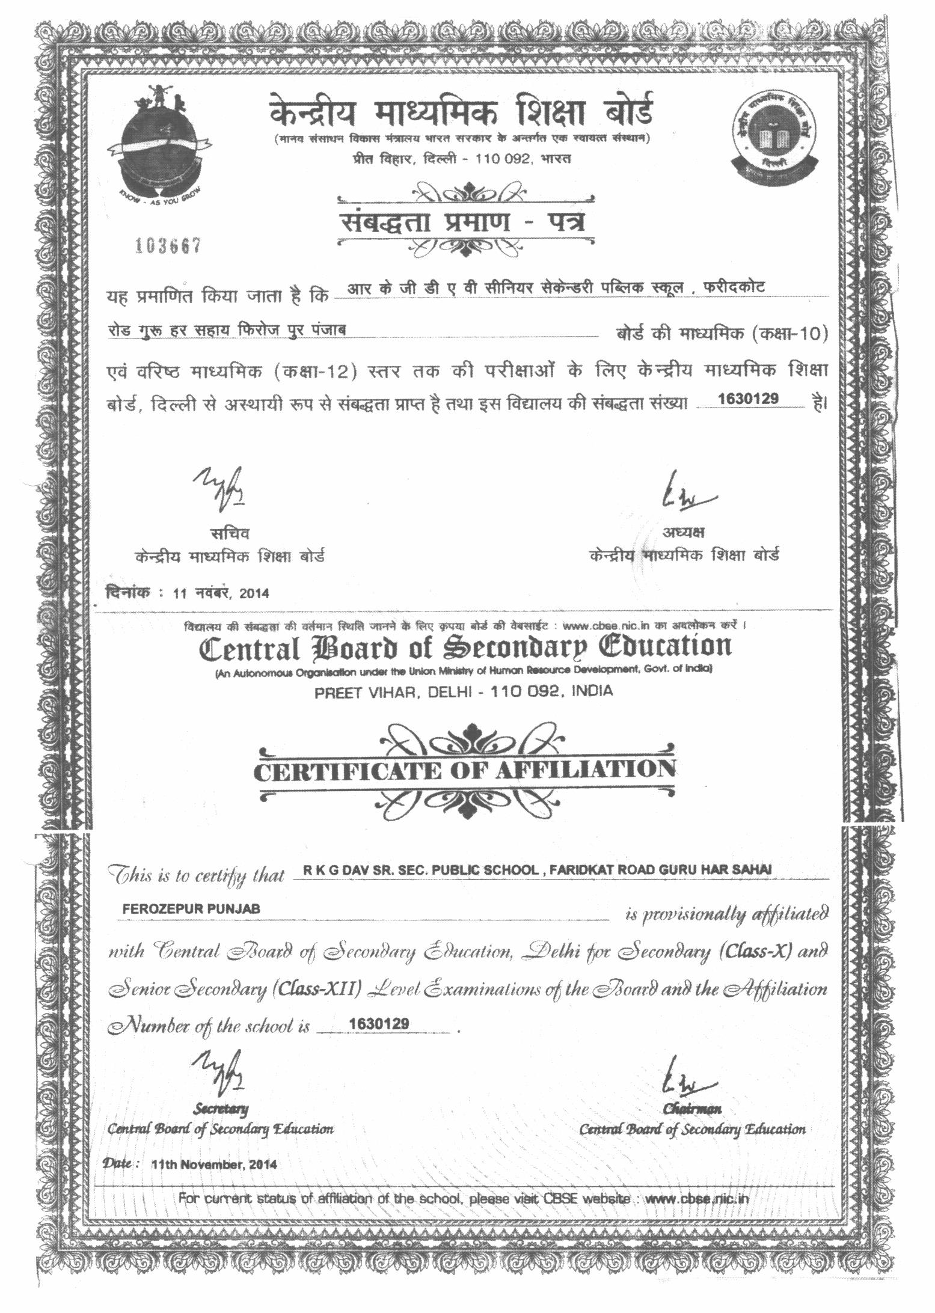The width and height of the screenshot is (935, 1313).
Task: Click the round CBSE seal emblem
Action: tap(773, 136)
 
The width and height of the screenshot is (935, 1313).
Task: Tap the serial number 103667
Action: tap(167, 246)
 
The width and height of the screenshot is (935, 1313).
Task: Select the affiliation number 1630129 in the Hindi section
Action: tap(749, 399)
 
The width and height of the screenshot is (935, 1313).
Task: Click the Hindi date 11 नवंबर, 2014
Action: tap(221, 593)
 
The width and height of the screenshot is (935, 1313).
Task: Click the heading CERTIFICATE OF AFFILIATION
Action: tap(464, 771)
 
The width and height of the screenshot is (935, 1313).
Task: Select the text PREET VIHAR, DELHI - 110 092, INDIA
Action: tap(464, 691)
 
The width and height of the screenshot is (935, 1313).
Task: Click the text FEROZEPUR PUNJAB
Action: tap(191, 909)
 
